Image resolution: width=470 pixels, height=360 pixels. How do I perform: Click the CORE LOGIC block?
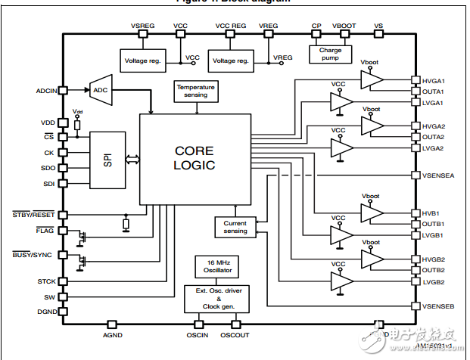point(195,158)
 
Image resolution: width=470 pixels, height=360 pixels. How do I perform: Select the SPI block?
point(107,160)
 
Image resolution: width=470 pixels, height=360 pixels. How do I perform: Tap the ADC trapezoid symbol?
point(101,90)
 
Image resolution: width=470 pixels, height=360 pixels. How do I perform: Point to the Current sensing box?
point(235,227)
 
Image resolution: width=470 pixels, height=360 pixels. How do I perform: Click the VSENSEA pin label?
point(439,175)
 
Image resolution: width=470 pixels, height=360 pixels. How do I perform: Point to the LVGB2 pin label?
point(434,282)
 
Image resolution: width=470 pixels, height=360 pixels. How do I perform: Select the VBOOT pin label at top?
point(344,26)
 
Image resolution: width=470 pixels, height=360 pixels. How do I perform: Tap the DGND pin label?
point(47,310)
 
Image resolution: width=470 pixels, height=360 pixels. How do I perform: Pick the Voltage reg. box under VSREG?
point(142,60)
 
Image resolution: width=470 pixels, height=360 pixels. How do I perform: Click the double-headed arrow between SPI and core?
point(132,160)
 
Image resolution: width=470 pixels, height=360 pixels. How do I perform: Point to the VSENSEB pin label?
point(439,306)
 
